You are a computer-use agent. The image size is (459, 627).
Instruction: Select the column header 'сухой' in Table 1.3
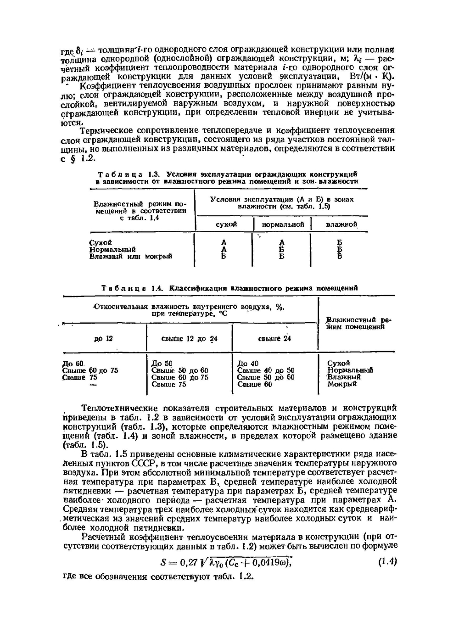click(226, 224)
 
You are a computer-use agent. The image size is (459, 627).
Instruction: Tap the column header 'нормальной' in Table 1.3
click(283, 224)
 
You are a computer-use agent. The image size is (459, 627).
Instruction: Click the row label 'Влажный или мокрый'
click(130, 257)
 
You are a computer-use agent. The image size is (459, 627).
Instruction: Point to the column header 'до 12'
click(103, 339)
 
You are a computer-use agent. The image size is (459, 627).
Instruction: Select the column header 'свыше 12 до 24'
click(190, 339)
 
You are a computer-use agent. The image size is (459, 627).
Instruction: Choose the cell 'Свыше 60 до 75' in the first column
click(90, 370)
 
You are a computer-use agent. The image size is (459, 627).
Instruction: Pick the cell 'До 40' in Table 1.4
click(248, 364)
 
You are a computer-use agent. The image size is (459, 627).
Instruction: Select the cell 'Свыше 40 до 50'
click(266, 370)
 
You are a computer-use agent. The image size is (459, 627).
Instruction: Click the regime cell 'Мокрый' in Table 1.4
click(341, 384)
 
